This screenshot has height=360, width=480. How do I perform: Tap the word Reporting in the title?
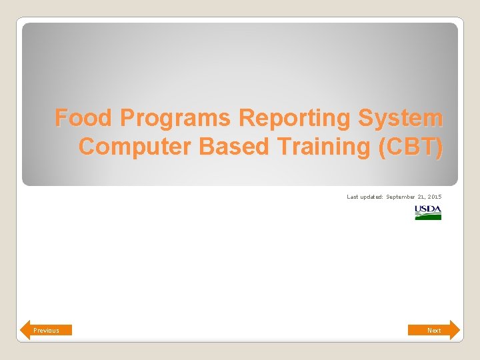[x=295, y=119]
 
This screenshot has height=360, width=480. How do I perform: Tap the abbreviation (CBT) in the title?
[x=409, y=147]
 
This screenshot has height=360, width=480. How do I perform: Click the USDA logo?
[x=428, y=213]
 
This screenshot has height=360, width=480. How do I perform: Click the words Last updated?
[x=365, y=197]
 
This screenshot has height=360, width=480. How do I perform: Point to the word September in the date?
[x=401, y=197]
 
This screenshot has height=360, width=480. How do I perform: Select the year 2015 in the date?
[x=435, y=197]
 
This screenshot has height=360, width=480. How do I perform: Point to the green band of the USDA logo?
[x=428, y=217]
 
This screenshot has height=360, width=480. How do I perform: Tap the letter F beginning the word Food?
[x=61, y=118]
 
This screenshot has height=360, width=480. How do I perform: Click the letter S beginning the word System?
[x=365, y=118]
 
